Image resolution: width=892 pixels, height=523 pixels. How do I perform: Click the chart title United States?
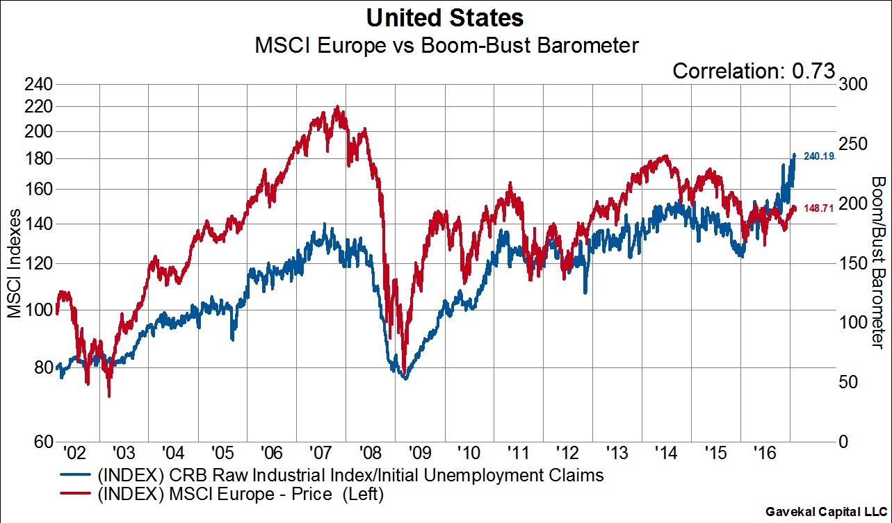tap(446, 17)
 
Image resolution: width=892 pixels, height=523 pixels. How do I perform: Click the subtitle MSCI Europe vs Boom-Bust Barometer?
tap(446, 46)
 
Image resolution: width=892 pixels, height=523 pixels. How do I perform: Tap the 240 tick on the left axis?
tap(39, 85)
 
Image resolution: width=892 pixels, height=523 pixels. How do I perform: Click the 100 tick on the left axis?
tap(39, 310)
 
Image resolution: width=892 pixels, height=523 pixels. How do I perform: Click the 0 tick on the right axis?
tap(843, 442)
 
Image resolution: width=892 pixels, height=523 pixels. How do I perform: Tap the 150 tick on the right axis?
tap(853, 263)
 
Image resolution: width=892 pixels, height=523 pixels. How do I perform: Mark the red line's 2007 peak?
tap(337, 108)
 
